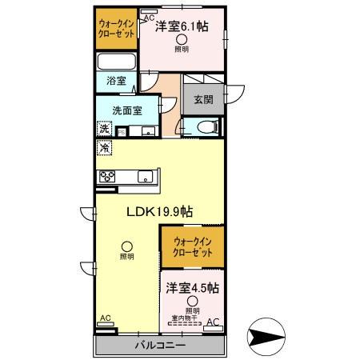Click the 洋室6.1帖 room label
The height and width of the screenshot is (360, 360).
coord(182,26)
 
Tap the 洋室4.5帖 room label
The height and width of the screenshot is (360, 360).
coord(192,286)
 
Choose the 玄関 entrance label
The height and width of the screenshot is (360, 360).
coord(203,100)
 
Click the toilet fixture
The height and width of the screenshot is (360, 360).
coord(203,126)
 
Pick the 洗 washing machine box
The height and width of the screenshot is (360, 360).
coord(104,129)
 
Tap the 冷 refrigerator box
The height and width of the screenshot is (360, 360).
coord(104,148)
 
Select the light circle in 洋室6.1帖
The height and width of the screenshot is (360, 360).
coord(182,40)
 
